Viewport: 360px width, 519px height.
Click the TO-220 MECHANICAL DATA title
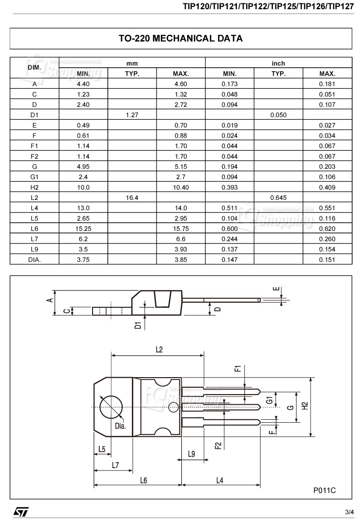180,39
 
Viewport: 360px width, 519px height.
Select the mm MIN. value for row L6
83,229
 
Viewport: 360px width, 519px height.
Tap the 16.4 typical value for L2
132,198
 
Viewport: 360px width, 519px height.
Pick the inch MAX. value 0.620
327,229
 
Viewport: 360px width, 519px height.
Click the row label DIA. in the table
34,259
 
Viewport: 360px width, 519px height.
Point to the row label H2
34,187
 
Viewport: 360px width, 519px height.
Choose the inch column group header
278,63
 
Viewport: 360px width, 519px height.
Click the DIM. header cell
34,68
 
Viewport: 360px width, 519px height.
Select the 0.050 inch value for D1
278,115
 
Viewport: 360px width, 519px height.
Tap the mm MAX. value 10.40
181,187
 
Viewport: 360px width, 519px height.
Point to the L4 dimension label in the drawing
219,480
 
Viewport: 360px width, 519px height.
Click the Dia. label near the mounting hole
120,426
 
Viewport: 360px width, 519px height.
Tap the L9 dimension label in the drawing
191,454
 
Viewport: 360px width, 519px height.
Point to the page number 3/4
349,512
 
